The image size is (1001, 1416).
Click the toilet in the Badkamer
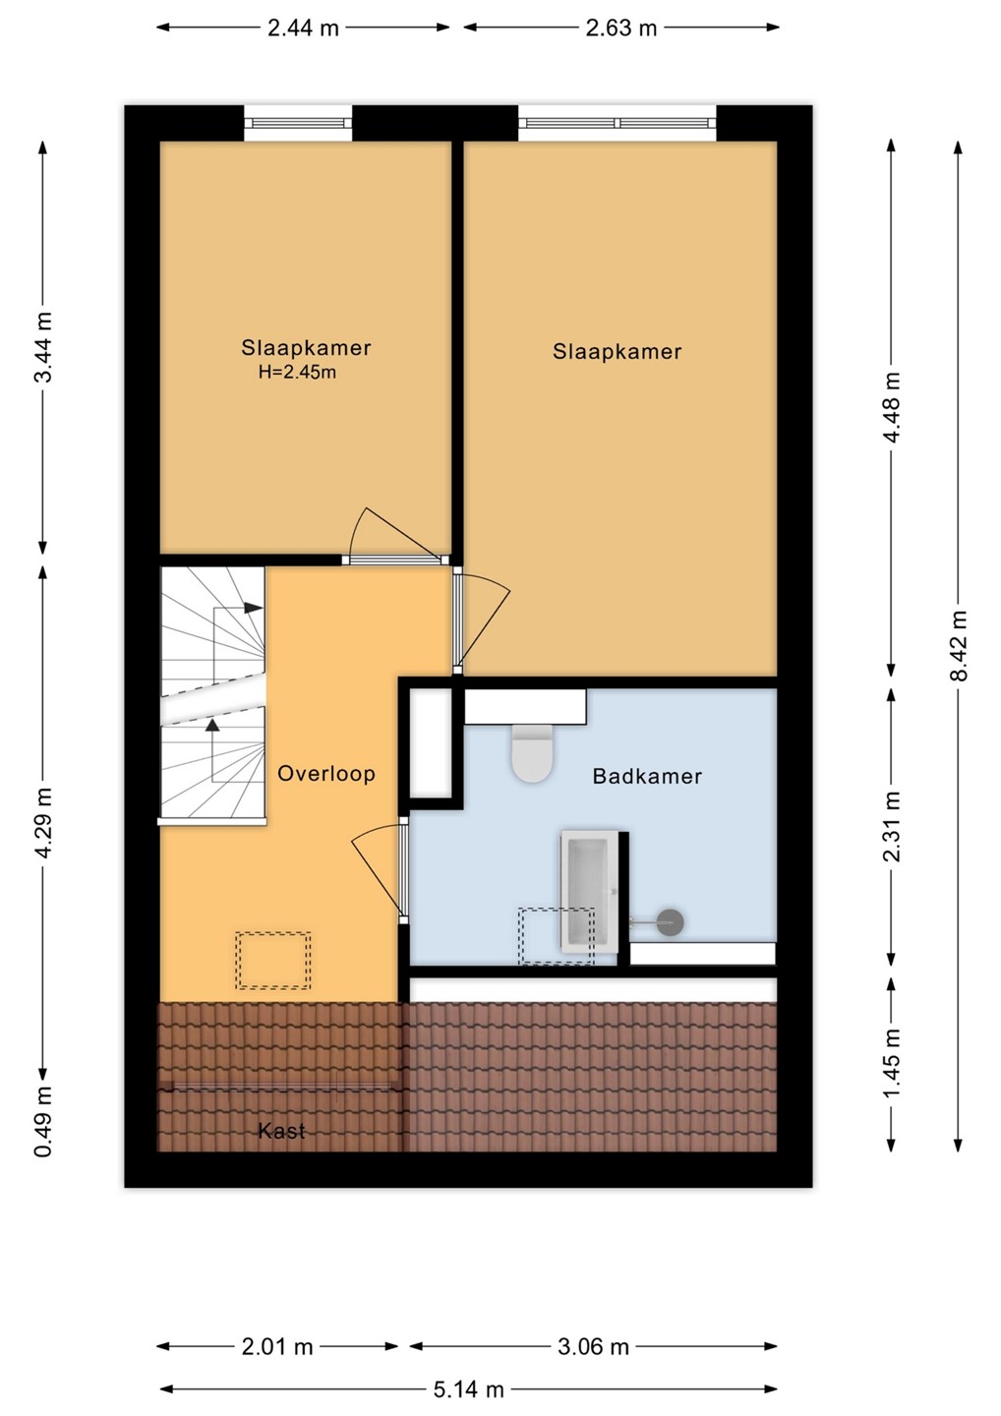coord(533,753)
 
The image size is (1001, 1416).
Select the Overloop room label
coord(326,773)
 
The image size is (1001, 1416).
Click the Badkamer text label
coord(647,776)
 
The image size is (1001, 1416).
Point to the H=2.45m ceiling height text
coord(297,373)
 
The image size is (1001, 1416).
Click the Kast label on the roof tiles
coord(281,1130)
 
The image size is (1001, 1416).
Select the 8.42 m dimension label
coord(959,645)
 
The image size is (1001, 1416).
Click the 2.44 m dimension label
coord(303,28)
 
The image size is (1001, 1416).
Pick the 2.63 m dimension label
coord(621,28)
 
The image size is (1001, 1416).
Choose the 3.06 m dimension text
coord(593,1347)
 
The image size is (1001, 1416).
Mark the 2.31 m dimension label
coord(892,828)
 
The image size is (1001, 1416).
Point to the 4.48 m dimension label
coord(892,407)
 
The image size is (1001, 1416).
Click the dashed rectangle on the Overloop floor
coord(273,960)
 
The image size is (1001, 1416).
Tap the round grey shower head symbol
coord(671,922)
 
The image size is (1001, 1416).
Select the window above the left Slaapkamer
coord(298,123)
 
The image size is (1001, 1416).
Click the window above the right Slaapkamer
coord(618,123)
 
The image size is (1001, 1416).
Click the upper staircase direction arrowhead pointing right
coord(254,608)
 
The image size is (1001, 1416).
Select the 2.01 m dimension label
coord(277,1347)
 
